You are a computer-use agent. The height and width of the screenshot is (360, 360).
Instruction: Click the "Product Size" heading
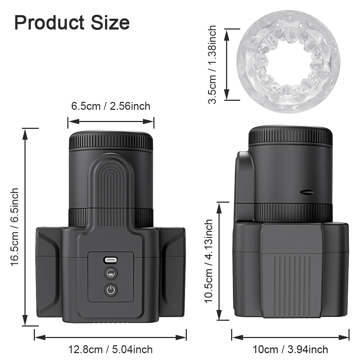point(72,22)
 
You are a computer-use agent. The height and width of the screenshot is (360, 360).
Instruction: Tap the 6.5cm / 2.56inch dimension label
point(111,106)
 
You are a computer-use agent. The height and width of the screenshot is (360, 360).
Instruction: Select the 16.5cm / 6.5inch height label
point(14,227)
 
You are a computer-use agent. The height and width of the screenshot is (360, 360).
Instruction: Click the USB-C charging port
point(111,260)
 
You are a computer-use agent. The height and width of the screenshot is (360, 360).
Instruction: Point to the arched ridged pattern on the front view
point(111,180)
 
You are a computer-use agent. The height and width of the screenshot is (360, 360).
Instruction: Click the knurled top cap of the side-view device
point(291,136)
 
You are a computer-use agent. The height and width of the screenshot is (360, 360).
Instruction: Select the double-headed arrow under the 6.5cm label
point(111,121)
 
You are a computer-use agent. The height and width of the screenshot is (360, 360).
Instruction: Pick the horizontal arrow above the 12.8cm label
point(110,337)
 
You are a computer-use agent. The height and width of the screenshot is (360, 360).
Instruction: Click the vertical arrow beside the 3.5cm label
point(227,65)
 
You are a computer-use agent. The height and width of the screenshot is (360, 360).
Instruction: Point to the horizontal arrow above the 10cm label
point(290,337)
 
